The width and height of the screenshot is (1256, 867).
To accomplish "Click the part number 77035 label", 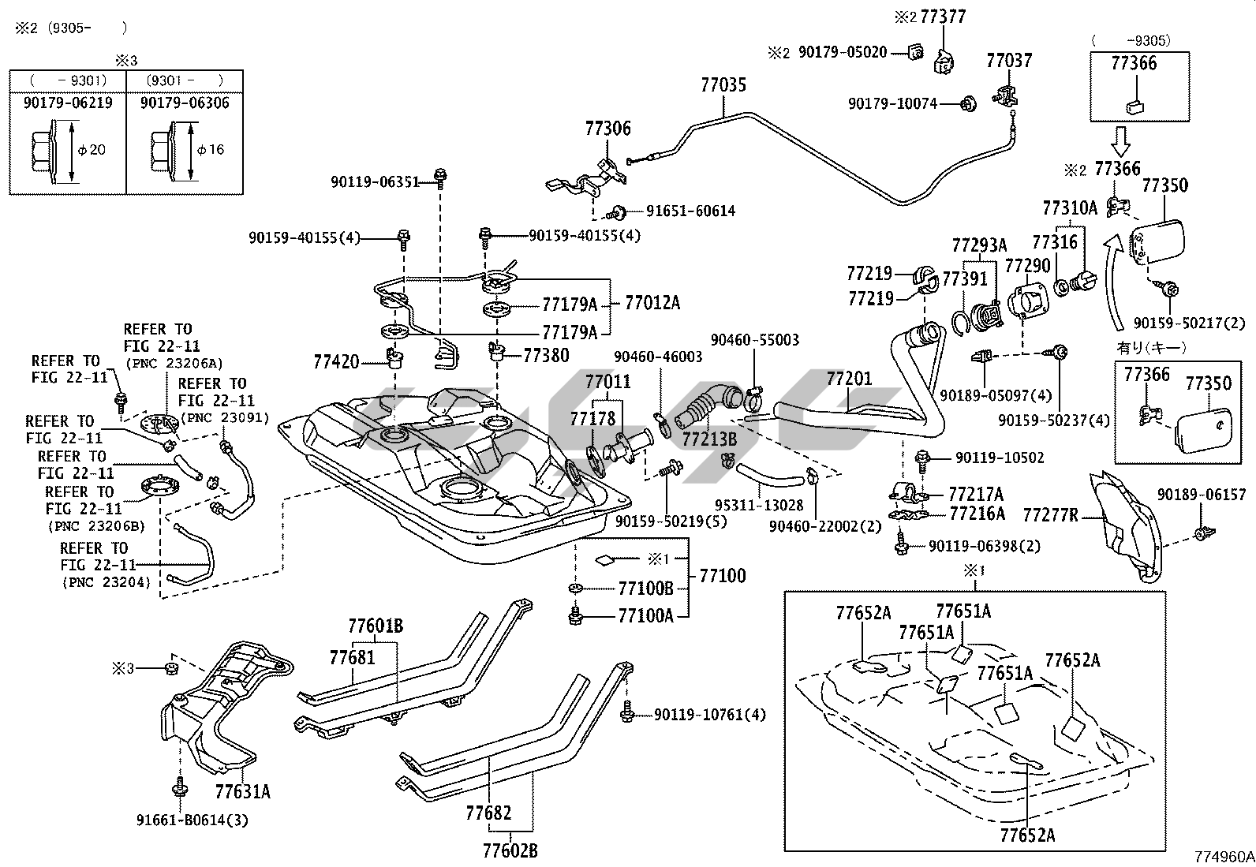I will click(x=723, y=85).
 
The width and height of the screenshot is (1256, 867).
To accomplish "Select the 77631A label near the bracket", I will click(x=242, y=790).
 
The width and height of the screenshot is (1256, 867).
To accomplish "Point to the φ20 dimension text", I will click(x=93, y=150).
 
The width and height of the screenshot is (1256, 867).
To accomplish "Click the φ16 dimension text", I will click(x=211, y=150).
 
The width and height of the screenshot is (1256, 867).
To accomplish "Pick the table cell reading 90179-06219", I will click(x=68, y=103).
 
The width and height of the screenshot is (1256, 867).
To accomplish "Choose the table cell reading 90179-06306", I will click(x=185, y=103).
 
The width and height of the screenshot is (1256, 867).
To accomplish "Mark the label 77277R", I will click(x=1050, y=516).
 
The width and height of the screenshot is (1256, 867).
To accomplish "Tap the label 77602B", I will click(x=510, y=850).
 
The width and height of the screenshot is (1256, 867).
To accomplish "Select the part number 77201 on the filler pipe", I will click(x=849, y=379).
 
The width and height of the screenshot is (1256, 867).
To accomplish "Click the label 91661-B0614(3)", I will click(x=192, y=820).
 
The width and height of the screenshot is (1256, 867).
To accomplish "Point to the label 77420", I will click(x=336, y=362).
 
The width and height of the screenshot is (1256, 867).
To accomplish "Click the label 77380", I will click(x=546, y=356).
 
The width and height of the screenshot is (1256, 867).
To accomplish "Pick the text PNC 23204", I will click(x=106, y=583).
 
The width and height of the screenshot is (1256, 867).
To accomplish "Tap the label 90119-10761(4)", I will click(x=709, y=716).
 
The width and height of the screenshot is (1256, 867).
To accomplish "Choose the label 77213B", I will click(x=709, y=439).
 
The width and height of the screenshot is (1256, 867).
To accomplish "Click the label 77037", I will click(x=1009, y=61).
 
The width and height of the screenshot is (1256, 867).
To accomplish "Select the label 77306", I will click(x=607, y=129).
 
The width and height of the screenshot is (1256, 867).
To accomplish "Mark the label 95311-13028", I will click(x=759, y=505).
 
